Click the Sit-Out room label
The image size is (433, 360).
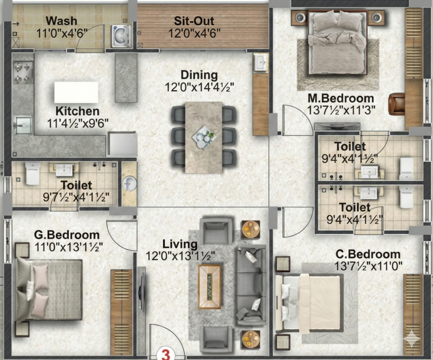194,21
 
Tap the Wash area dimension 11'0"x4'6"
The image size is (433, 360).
62,33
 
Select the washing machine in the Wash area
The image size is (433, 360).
121,36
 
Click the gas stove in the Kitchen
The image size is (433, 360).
22,72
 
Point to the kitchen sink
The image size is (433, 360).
23,125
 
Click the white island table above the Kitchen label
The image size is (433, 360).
76,92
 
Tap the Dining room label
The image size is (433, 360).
199,75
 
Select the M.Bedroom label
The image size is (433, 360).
341,98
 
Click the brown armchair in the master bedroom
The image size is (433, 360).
397,104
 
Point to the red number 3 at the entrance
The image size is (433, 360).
165,354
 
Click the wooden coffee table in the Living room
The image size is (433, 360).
210,286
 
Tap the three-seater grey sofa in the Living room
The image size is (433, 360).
251,285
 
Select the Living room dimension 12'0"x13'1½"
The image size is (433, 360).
180,256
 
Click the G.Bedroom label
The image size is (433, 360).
67,235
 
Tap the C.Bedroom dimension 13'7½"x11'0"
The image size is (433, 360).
368,267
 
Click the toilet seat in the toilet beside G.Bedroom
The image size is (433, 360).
33,173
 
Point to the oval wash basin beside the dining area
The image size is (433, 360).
129,184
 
